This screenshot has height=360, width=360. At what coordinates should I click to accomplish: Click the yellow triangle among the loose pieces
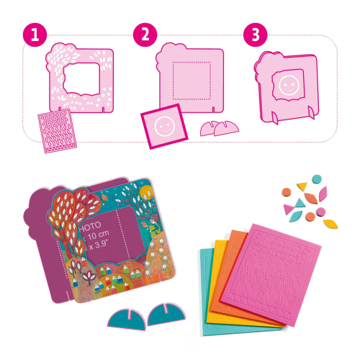click(x=305, y=197)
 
